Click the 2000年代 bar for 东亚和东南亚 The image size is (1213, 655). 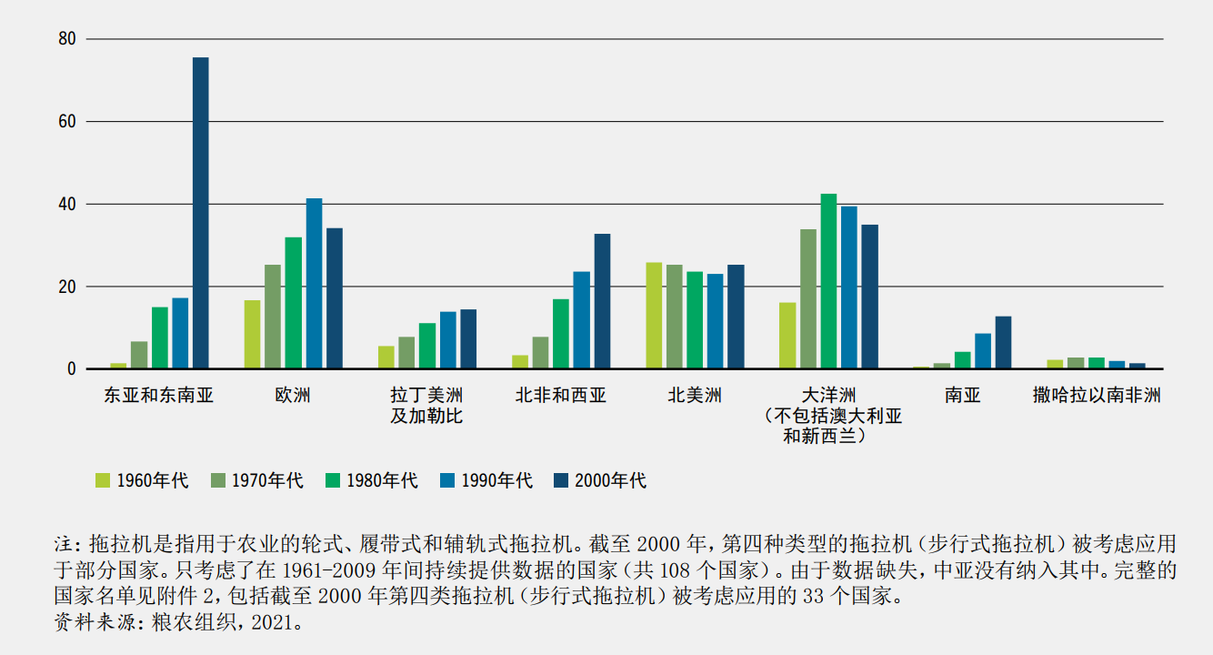coord(200,214)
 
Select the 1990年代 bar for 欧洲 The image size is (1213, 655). coord(314,284)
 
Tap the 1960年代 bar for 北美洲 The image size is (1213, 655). coord(654,316)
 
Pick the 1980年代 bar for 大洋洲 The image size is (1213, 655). coord(828,282)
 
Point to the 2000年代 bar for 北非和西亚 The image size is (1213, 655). coord(602,302)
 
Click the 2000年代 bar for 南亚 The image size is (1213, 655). coord(1003,343)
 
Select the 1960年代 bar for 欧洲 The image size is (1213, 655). coord(252,335)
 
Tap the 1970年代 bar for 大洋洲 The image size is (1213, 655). coord(808,299)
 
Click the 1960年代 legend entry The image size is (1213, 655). coord(142,480)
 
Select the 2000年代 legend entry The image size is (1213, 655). coord(600,480)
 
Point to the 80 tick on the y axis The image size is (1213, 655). coord(66,39)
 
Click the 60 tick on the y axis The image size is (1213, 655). coord(66,122)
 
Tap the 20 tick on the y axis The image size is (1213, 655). coord(66,287)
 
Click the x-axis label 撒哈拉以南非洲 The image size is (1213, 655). coord(1097,396)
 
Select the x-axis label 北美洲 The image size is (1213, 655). coord(695,396)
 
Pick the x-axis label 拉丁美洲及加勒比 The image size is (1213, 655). coord(426,406)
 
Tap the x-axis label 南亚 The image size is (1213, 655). coord(962,396)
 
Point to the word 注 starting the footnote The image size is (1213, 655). coord(64,545)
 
